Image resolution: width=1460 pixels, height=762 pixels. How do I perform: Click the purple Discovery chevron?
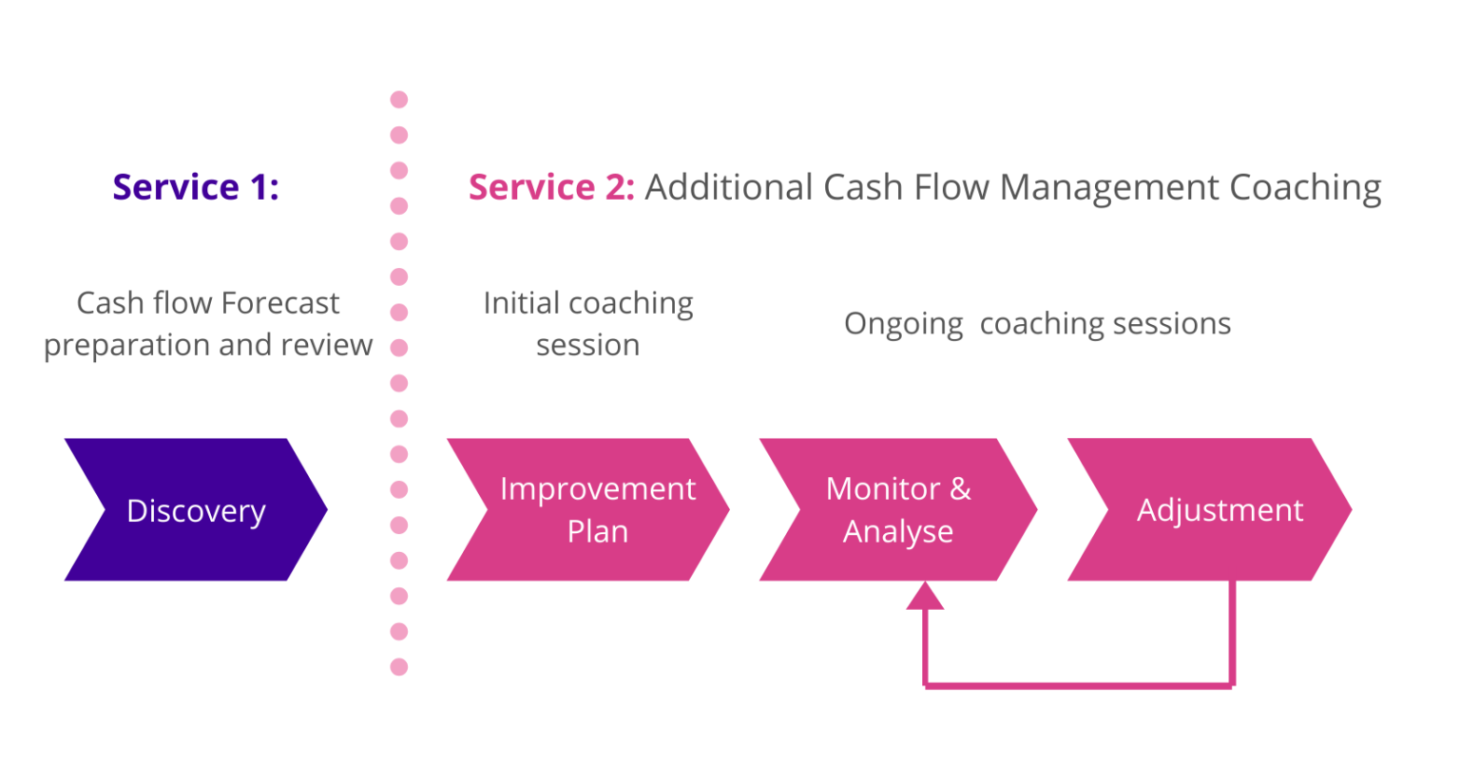pos(195,510)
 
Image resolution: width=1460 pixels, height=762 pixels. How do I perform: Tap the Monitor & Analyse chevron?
pos(898,510)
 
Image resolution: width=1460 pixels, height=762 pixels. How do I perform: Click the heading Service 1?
pos(196,187)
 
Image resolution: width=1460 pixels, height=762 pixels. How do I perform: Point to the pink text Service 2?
pos(551,187)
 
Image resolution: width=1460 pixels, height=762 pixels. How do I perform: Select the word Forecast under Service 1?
pos(280,303)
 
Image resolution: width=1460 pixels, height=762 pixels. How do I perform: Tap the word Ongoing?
pos(903,325)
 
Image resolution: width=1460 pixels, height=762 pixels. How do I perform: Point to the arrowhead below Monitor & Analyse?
pos(925,596)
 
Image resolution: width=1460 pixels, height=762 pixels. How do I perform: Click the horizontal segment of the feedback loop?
pos(1079,684)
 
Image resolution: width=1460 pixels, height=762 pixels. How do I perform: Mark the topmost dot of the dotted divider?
pos(399,100)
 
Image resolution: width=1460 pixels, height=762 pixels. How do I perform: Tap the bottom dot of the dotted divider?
pos(399,667)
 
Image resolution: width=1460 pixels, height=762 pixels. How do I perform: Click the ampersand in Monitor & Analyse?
pos(960,488)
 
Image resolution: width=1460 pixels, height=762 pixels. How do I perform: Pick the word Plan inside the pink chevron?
pos(598,532)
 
